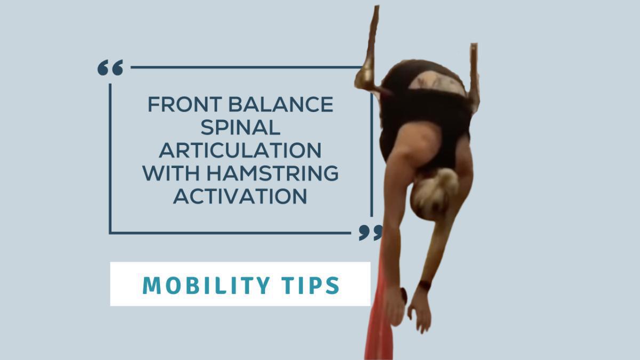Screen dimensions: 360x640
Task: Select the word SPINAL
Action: pos(240,128)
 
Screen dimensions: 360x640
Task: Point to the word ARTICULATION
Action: pos(240,151)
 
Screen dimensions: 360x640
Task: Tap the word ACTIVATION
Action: pos(240,197)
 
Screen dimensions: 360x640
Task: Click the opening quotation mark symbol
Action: pos(110,68)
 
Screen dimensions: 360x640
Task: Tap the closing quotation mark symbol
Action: pos(371,232)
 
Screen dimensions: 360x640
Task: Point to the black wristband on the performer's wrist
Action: pos(425,286)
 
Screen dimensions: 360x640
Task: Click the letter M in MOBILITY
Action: pos(151,286)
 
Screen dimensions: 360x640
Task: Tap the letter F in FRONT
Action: pos(153,105)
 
